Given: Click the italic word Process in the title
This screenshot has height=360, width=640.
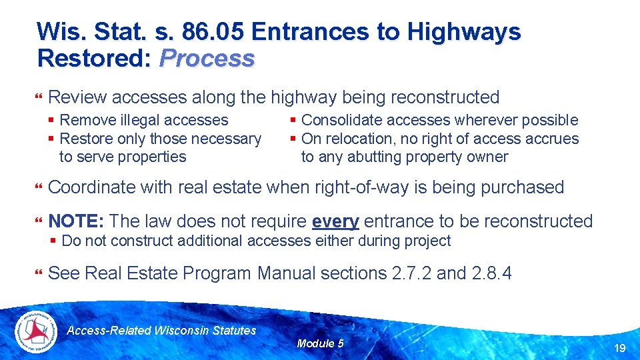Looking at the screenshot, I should [x=207, y=59].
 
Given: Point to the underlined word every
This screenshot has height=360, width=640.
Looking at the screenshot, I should [x=335, y=221].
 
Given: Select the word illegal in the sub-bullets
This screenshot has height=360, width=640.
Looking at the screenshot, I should [x=141, y=120].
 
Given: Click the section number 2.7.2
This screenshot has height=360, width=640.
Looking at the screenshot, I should [x=408, y=273].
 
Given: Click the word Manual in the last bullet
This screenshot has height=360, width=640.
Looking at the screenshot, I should [x=289, y=273].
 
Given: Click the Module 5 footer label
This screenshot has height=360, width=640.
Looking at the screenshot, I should [x=320, y=343].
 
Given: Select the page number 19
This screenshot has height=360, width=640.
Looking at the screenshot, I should [x=619, y=348].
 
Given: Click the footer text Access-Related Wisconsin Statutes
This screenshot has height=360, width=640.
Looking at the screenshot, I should [x=162, y=330].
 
